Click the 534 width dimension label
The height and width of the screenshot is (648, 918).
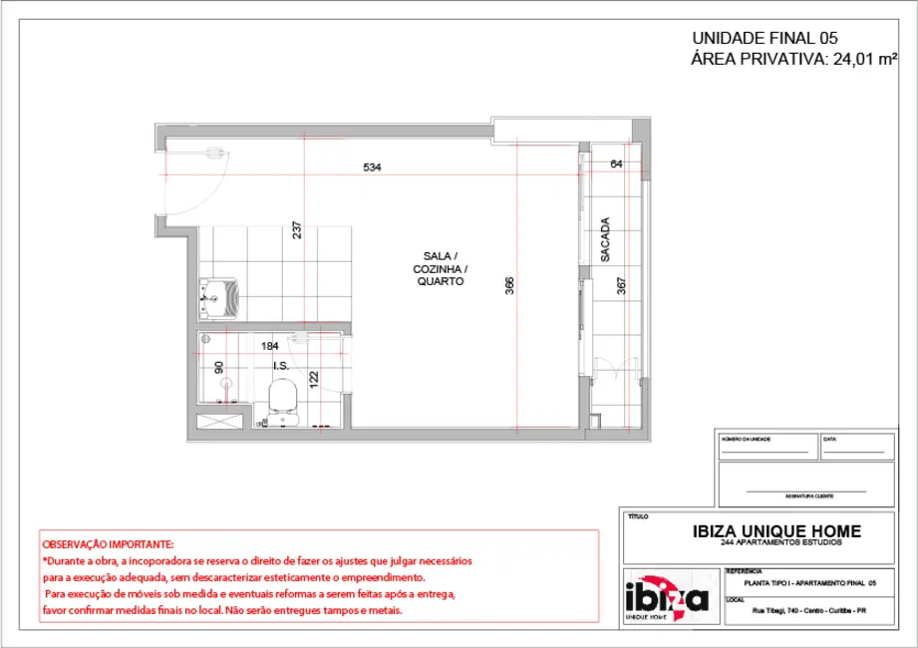tap(372, 167)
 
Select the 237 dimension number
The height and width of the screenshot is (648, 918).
tap(297, 230)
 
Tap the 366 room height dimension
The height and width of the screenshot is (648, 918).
tap(509, 286)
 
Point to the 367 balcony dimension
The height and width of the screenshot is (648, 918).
tap(621, 286)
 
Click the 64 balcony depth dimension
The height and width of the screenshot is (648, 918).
tap(616, 163)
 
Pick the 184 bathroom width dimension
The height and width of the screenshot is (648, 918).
tap(269, 346)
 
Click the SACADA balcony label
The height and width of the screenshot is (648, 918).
tap(605, 240)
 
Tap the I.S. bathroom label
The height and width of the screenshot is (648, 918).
tap(281, 366)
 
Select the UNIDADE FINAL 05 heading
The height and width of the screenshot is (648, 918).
tap(765, 38)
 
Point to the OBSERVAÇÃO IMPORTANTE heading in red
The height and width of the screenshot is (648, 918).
tap(108, 545)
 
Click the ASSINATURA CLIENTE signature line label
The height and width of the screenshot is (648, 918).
tap(805, 495)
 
